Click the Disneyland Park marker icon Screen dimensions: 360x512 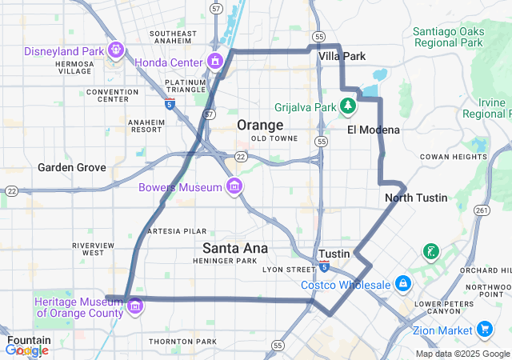(117, 51)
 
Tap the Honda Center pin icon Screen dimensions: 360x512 (215, 62)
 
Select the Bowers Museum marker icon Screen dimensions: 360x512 (234, 187)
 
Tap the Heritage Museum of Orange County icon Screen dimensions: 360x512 (135, 306)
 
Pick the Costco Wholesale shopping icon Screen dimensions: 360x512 (402, 285)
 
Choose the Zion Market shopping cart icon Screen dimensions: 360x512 (484, 330)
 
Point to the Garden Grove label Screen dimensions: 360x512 (72, 168)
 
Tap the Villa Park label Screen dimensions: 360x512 (342, 57)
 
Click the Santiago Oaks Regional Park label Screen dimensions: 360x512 (448, 37)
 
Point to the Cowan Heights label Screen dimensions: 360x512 (453, 157)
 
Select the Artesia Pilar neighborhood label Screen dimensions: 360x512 (177, 230)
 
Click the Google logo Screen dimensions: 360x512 (26, 350)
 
